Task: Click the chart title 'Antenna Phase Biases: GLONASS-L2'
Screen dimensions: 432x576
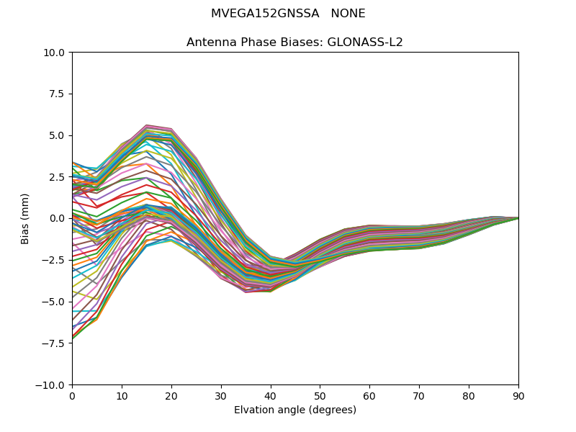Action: (294, 42)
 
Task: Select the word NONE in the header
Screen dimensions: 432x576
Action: (348, 14)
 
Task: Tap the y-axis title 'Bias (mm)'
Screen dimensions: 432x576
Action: (25, 218)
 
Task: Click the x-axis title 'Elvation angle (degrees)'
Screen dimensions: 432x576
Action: (294, 410)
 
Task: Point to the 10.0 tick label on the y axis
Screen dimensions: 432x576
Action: (55, 53)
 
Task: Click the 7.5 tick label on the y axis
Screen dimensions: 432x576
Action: (58, 94)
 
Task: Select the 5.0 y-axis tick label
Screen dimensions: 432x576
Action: (58, 135)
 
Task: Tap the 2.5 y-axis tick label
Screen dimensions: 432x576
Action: (58, 177)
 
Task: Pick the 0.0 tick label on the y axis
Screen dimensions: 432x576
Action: (58, 218)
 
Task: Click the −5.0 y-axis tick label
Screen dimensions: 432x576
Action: (55, 302)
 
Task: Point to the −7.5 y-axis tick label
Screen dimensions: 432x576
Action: (55, 343)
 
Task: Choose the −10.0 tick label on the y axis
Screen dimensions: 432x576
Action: (53, 385)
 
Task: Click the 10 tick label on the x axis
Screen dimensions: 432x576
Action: (122, 395)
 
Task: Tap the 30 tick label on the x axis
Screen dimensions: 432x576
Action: (221, 395)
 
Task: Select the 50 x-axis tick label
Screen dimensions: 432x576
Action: (320, 395)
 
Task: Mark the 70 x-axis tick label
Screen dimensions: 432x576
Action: (419, 395)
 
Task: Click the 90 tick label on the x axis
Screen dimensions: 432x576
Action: (518, 395)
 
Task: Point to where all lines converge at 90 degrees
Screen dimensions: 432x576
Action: (518, 217)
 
